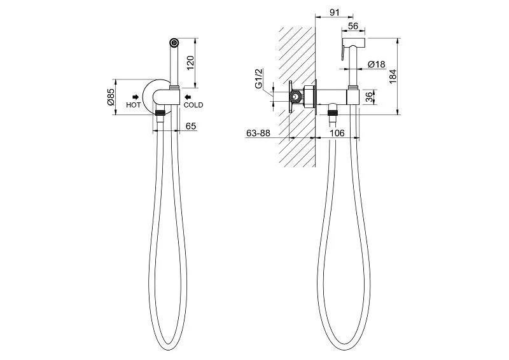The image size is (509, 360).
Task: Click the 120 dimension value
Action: pos(190,63)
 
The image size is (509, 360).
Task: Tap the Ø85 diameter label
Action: pos(111,97)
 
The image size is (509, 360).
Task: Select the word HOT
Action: pos(134,105)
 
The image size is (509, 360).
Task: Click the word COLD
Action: pos(193,105)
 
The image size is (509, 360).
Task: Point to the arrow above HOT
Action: pos(136,97)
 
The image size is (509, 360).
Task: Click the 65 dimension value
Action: pos(191,126)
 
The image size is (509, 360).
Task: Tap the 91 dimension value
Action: pos(335,12)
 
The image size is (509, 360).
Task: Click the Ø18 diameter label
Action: pos(377,64)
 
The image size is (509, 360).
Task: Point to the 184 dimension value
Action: pos(393,76)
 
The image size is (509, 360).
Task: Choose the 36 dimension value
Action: pos(369,97)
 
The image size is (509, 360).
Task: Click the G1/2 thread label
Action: pos(258,79)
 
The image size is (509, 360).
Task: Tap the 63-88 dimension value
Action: pos(258,133)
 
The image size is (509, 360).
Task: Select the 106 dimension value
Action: pos(337,133)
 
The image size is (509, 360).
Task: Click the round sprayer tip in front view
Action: pos(174,42)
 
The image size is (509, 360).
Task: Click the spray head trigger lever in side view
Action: pos(343,53)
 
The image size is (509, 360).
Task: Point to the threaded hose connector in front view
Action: pos(160,113)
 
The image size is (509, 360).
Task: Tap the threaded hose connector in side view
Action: pos(332,113)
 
